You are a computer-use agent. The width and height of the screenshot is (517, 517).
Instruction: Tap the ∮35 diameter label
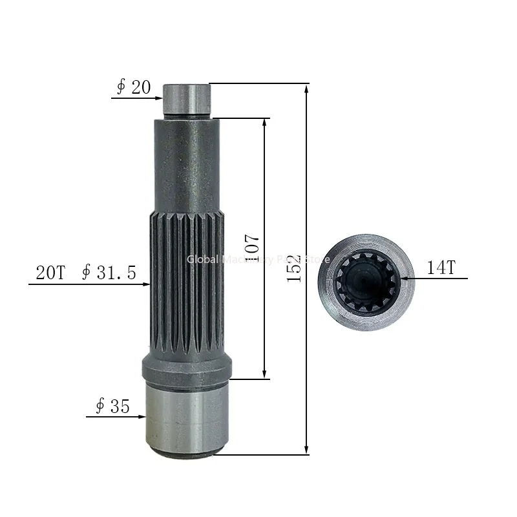(112, 406)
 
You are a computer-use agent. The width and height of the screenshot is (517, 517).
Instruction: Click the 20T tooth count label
(50, 273)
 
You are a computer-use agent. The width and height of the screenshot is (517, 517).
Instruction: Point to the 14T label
(441, 268)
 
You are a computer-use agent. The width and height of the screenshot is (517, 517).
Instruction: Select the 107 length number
(253, 246)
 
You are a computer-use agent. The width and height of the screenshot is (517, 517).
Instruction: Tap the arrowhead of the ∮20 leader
(156, 98)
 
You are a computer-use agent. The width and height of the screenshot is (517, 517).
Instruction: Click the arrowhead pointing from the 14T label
(405, 279)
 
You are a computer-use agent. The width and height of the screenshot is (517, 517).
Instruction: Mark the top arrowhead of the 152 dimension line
(306, 88)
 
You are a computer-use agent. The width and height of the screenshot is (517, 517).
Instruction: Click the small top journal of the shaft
(187, 100)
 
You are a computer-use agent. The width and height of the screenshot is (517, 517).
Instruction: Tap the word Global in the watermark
(202, 259)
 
